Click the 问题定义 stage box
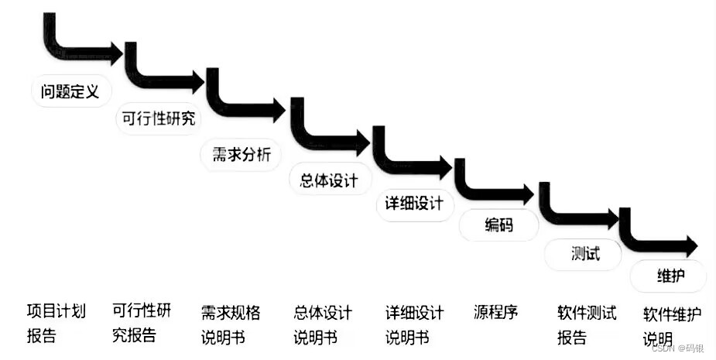tap(70, 91)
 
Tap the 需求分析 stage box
tap(241, 154)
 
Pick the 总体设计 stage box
tap(328, 180)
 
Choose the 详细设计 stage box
tap(414, 204)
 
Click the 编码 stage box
tap(498, 225)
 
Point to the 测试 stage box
tap(584, 253)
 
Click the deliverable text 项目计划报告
tap(56, 324)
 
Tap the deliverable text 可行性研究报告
tap(142, 323)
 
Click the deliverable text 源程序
tap(495, 313)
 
